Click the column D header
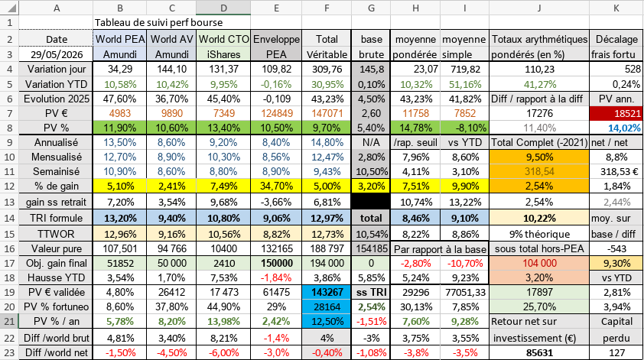[223, 8]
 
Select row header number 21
[9, 322]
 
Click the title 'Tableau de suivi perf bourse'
[158, 23]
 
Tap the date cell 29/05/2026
[57, 54]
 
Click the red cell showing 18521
[616, 114]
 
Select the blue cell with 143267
[327, 292]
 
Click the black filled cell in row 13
[371, 202]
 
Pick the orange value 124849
[276, 113]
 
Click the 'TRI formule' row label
[57, 218]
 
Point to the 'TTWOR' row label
[57, 234]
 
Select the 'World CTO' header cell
[223, 39]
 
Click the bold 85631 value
[539, 352]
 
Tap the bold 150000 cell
[276, 263]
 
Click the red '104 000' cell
[539, 263]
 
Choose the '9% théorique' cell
[539, 234]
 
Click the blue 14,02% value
[624, 128]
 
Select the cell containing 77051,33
[464, 292]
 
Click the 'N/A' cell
[371, 142]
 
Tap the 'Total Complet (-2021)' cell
[539, 142]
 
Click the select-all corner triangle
[11, 8]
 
